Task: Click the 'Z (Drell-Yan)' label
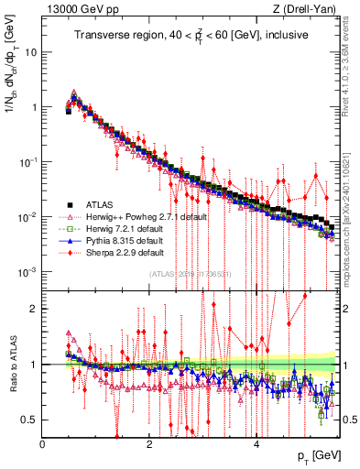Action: (x=304, y=8)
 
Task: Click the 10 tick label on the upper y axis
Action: (x=29, y=52)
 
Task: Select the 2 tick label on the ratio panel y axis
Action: (x=34, y=309)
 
